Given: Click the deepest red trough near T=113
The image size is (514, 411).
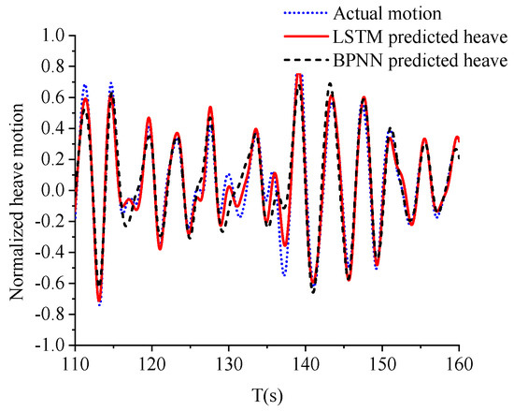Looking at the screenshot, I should click(x=99, y=301).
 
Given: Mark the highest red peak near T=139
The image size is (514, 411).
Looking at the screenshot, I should click(x=299, y=74).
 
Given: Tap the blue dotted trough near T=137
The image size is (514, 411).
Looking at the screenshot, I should click(x=283, y=274).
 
